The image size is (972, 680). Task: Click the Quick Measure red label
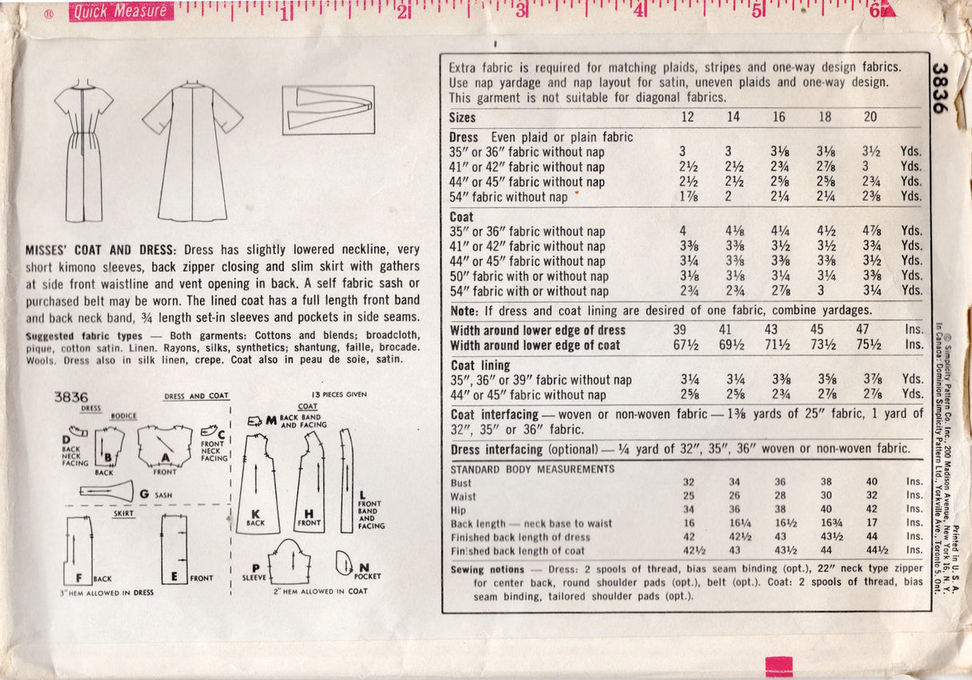point(121,11)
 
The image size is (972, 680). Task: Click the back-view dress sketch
point(83,151)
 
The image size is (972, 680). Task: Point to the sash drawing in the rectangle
point(328,110)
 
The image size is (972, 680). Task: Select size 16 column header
point(778,117)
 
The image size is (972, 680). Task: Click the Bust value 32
point(688,482)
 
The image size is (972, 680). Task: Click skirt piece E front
point(174,549)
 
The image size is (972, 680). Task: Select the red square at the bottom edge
point(778,666)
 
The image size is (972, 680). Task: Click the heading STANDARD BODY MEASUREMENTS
point(532,469)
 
